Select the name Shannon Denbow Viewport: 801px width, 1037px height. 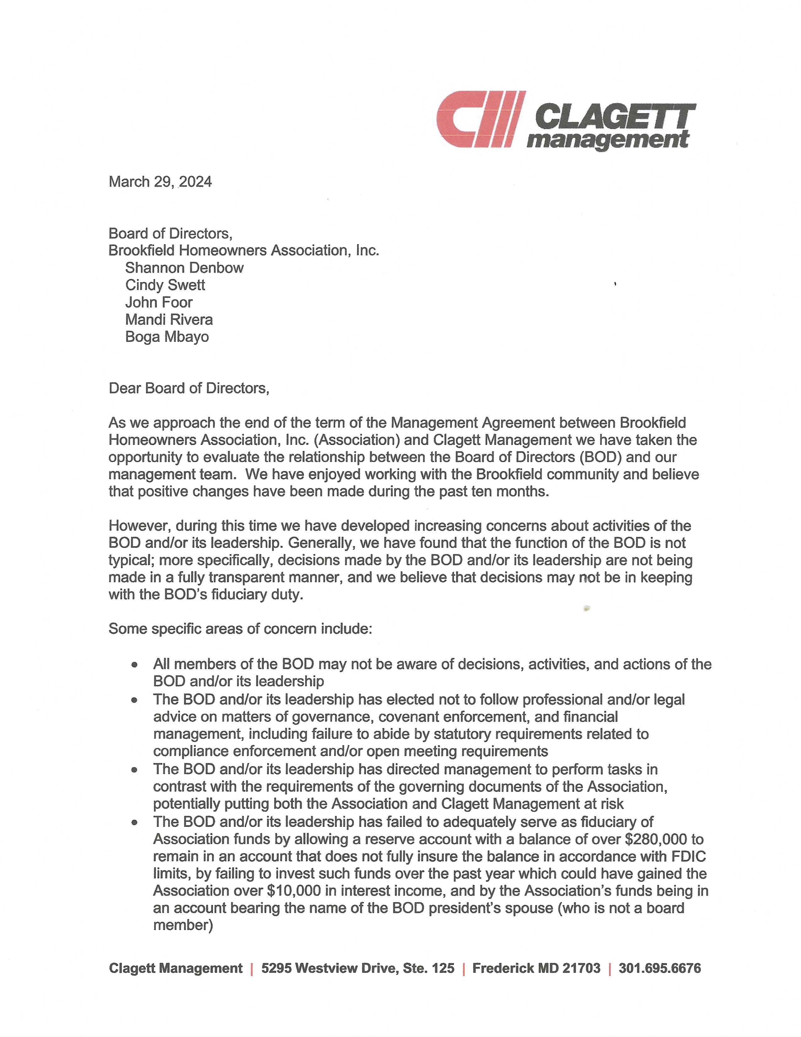point(184,268)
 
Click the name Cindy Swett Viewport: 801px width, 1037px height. point(165,285)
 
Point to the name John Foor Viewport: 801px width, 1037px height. point(159,302)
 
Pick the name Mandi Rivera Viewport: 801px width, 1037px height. point(169,320)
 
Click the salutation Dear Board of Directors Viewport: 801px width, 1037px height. point(189,388)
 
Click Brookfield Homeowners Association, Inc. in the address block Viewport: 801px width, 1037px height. point(244,250)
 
